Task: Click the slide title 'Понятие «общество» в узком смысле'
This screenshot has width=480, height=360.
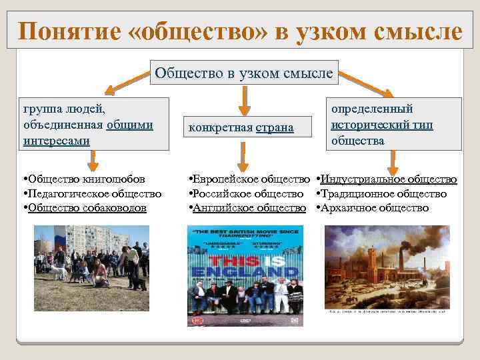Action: tap(240, 31)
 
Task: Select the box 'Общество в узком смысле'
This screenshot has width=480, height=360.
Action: tap(243, 73)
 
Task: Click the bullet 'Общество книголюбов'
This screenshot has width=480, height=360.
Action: tap(83, 179)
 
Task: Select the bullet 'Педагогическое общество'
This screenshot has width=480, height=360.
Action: tap(93, 193)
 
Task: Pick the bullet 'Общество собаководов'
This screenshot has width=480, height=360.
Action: tap(86, 207)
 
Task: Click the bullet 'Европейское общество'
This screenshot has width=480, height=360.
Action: tap(251, 179)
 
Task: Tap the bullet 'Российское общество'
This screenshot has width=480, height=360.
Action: tap(247, 193)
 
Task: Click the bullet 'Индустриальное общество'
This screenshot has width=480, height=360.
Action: tap(387, 179)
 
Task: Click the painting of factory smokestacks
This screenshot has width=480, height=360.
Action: tap(387, 267)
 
